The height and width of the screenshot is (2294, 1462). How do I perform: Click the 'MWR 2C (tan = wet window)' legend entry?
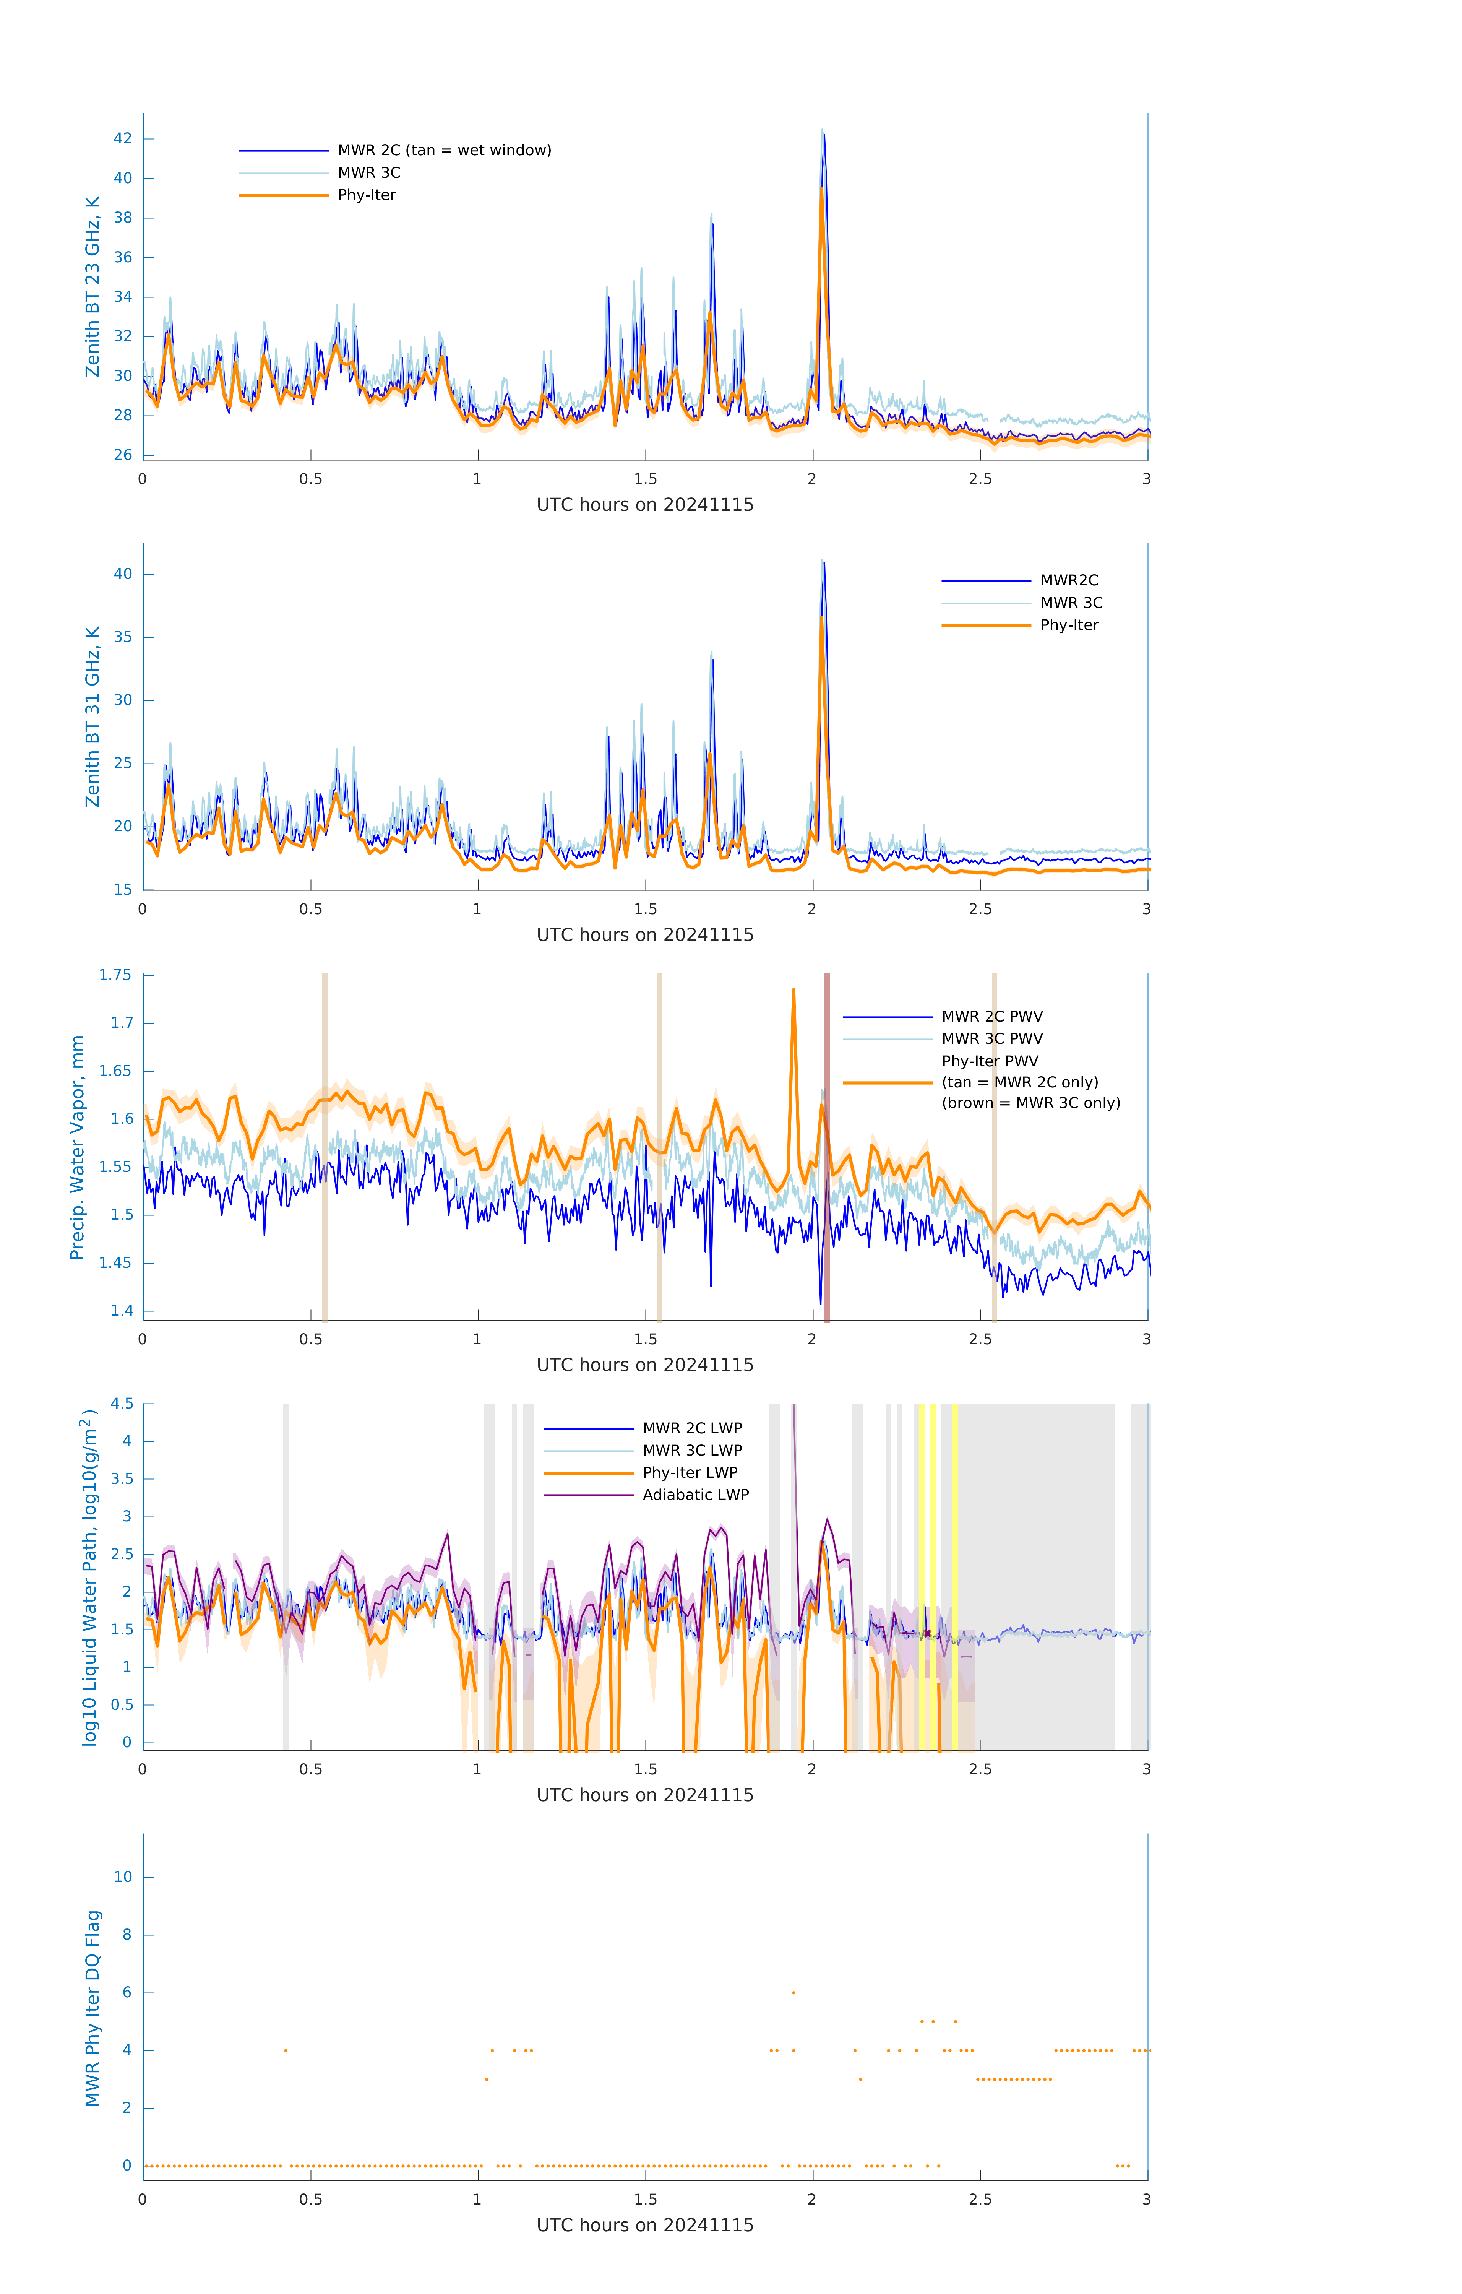[444, 151]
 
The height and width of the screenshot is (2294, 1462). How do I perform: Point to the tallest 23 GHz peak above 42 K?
[823, 132]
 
